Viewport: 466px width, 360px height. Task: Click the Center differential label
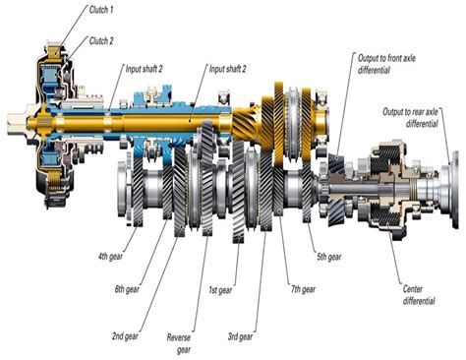tap(420, 295)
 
